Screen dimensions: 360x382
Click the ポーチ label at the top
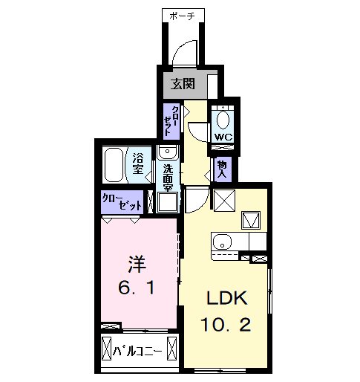183,16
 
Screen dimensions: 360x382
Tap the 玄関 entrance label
183,84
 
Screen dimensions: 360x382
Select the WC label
223,137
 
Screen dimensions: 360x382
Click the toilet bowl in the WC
223,120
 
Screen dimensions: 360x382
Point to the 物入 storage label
222,169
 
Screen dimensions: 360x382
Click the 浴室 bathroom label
138,164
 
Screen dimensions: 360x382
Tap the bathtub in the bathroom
114,165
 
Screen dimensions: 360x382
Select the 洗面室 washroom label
168,178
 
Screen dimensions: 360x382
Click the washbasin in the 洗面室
168,152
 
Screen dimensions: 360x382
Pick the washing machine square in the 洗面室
168,202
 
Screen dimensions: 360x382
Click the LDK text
227,298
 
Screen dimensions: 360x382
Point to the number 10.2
226,325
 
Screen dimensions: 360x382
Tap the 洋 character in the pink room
137,265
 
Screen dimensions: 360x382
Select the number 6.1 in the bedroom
137,288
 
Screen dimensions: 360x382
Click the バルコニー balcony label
137,352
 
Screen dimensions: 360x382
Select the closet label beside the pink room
122,202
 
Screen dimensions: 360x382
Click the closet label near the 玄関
171,121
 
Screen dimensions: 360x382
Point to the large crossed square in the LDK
224,201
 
